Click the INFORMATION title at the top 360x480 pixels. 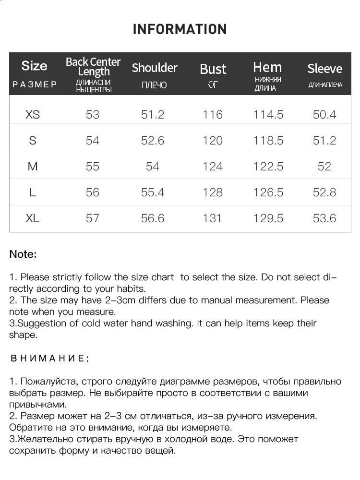180,29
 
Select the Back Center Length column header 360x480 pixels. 93,67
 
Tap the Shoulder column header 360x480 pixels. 155,68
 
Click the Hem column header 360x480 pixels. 267,67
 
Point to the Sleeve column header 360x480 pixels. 325,69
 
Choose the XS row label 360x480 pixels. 33,115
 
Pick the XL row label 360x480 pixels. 33,218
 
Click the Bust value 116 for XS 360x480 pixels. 213,115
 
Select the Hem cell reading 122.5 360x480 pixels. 268,167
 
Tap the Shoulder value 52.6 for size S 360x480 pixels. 153,141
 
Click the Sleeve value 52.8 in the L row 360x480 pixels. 324,192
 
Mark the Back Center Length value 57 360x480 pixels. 93,218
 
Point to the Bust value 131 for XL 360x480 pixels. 212,218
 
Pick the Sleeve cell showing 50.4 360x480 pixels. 324,115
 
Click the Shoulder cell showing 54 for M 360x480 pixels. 153,167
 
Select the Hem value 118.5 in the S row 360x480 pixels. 268,141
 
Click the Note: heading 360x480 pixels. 23,254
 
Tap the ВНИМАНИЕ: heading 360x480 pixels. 49,359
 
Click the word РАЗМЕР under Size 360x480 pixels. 35,84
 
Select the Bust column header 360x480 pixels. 213,69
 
